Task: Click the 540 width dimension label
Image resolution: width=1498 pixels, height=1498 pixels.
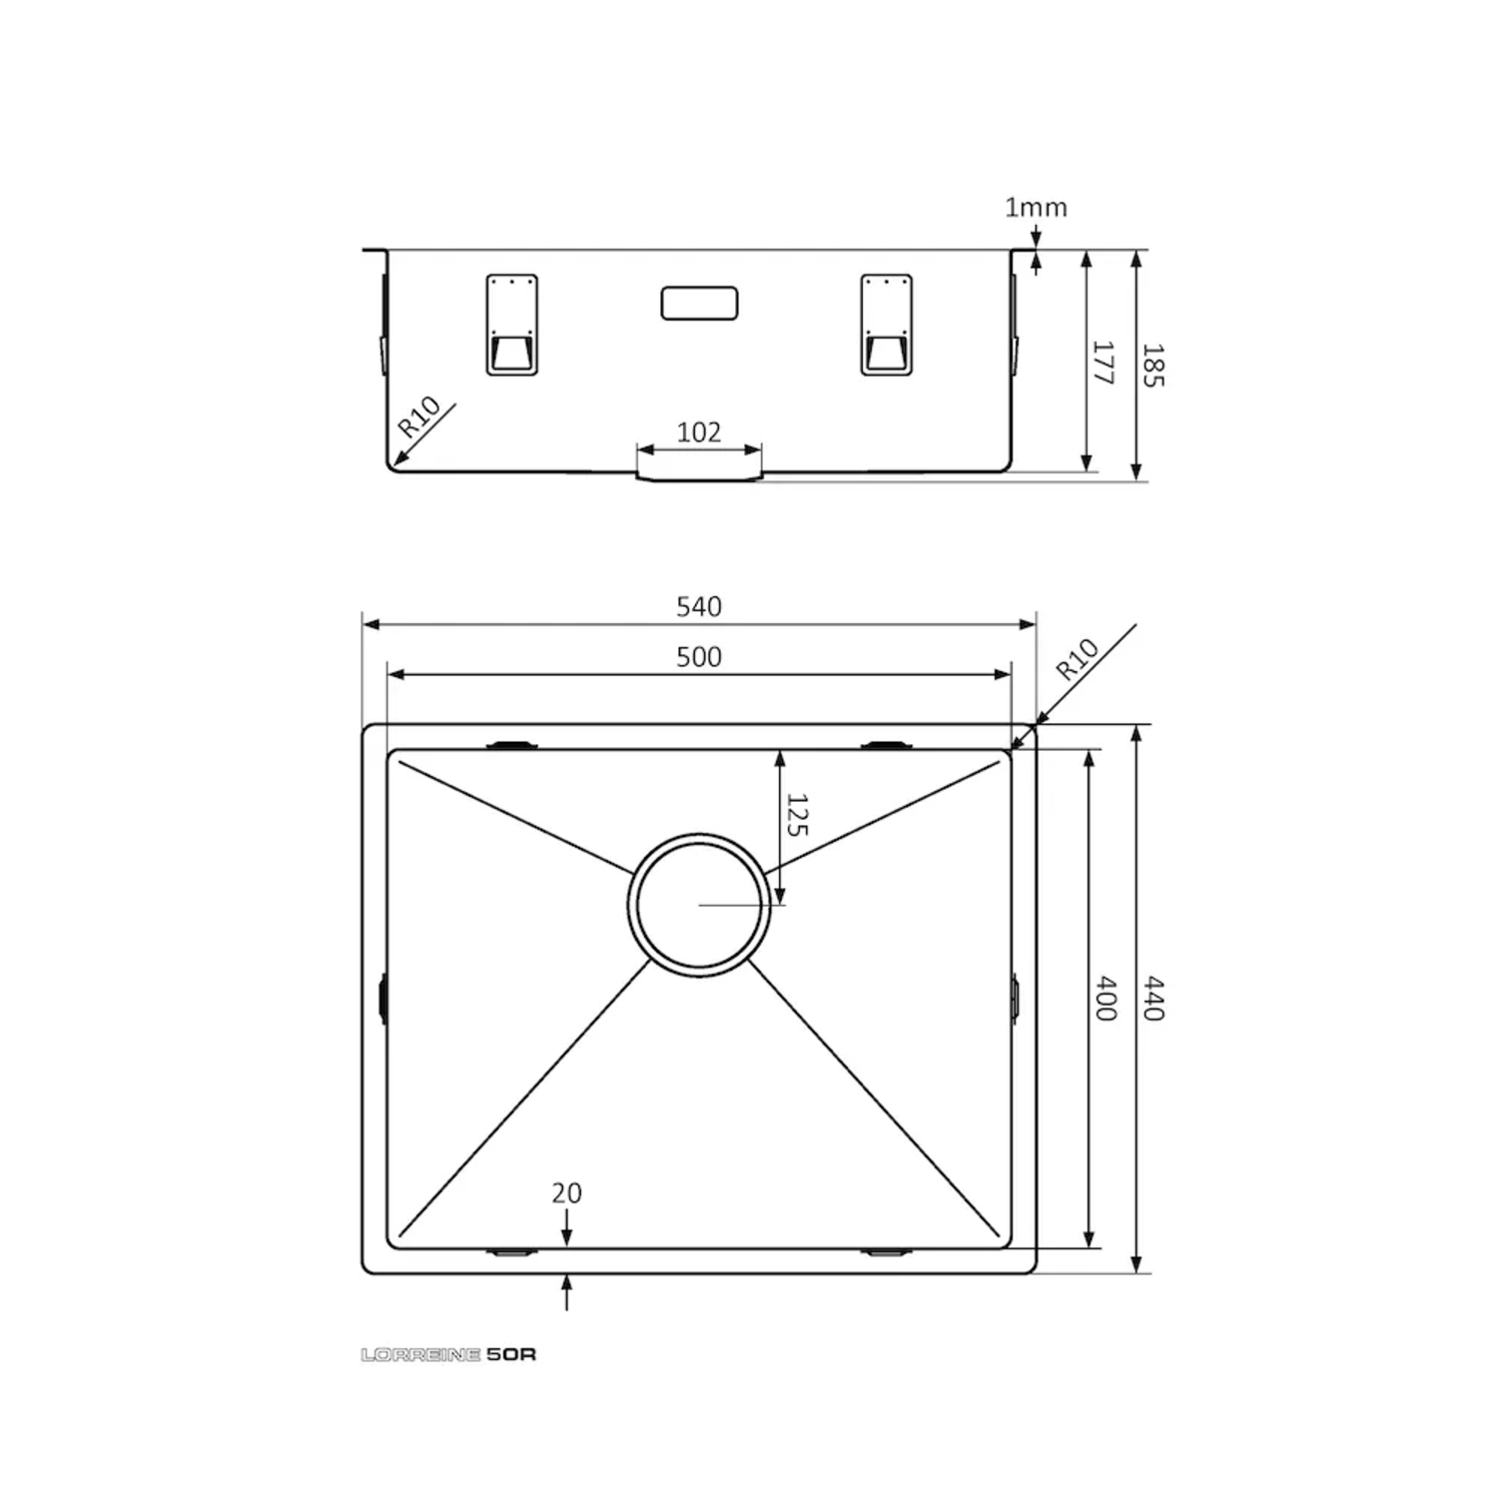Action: [x=699, y=606]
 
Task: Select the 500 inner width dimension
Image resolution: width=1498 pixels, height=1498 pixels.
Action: [x=699, y=656]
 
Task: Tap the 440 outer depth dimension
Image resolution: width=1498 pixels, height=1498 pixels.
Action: [x=1153, y=999]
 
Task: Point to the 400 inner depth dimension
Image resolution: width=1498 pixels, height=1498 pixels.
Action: [x=1106, y=999]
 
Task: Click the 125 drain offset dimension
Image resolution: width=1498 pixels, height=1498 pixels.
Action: [x=796, y=815]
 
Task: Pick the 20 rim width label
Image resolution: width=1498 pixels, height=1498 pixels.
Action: [x=566, y=1192]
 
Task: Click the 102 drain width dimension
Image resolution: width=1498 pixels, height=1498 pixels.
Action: [x=699, y=431]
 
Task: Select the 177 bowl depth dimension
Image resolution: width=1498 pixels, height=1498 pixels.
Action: [x=1103, y=363]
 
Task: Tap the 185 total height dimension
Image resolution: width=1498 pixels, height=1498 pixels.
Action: [x=1152, y=366]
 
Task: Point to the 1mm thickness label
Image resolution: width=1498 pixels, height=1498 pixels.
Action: [x=1036, y=207]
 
